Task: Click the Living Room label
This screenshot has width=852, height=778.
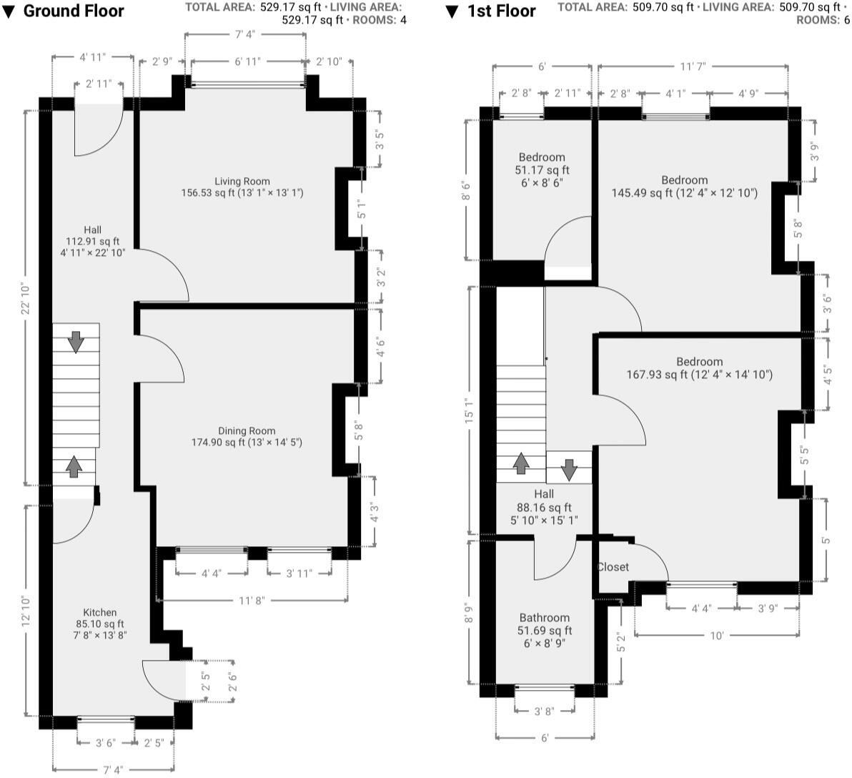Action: click(242, 182)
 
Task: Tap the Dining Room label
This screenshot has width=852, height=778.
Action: click(247, 431)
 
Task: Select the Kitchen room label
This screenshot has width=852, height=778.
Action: click(100, 613)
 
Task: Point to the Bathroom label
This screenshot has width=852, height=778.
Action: click(545, 618)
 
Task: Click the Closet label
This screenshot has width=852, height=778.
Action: click(613, 567)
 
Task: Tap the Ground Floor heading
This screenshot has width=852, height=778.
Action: click(74, 11)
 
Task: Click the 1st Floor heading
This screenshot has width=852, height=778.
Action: click(501, 11)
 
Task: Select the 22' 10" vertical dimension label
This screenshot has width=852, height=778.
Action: click(24, 298)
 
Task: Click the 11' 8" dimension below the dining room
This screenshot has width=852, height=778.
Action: click(251, 601)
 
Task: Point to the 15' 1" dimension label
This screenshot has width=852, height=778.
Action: click(469, 410)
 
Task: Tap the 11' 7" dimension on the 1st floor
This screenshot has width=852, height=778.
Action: click(693, 67)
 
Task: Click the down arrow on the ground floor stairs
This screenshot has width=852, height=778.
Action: click(76, 342)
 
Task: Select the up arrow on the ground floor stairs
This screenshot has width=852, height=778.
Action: click(74, 467)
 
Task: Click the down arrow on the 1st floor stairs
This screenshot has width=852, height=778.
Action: click(569, 470)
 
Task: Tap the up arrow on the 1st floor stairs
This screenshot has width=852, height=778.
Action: click(521, 463)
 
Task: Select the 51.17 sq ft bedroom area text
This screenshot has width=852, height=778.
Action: click(542, 170)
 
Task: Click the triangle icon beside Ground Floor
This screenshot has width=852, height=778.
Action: click(9, 12)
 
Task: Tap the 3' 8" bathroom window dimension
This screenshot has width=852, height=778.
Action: click(543, 711)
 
